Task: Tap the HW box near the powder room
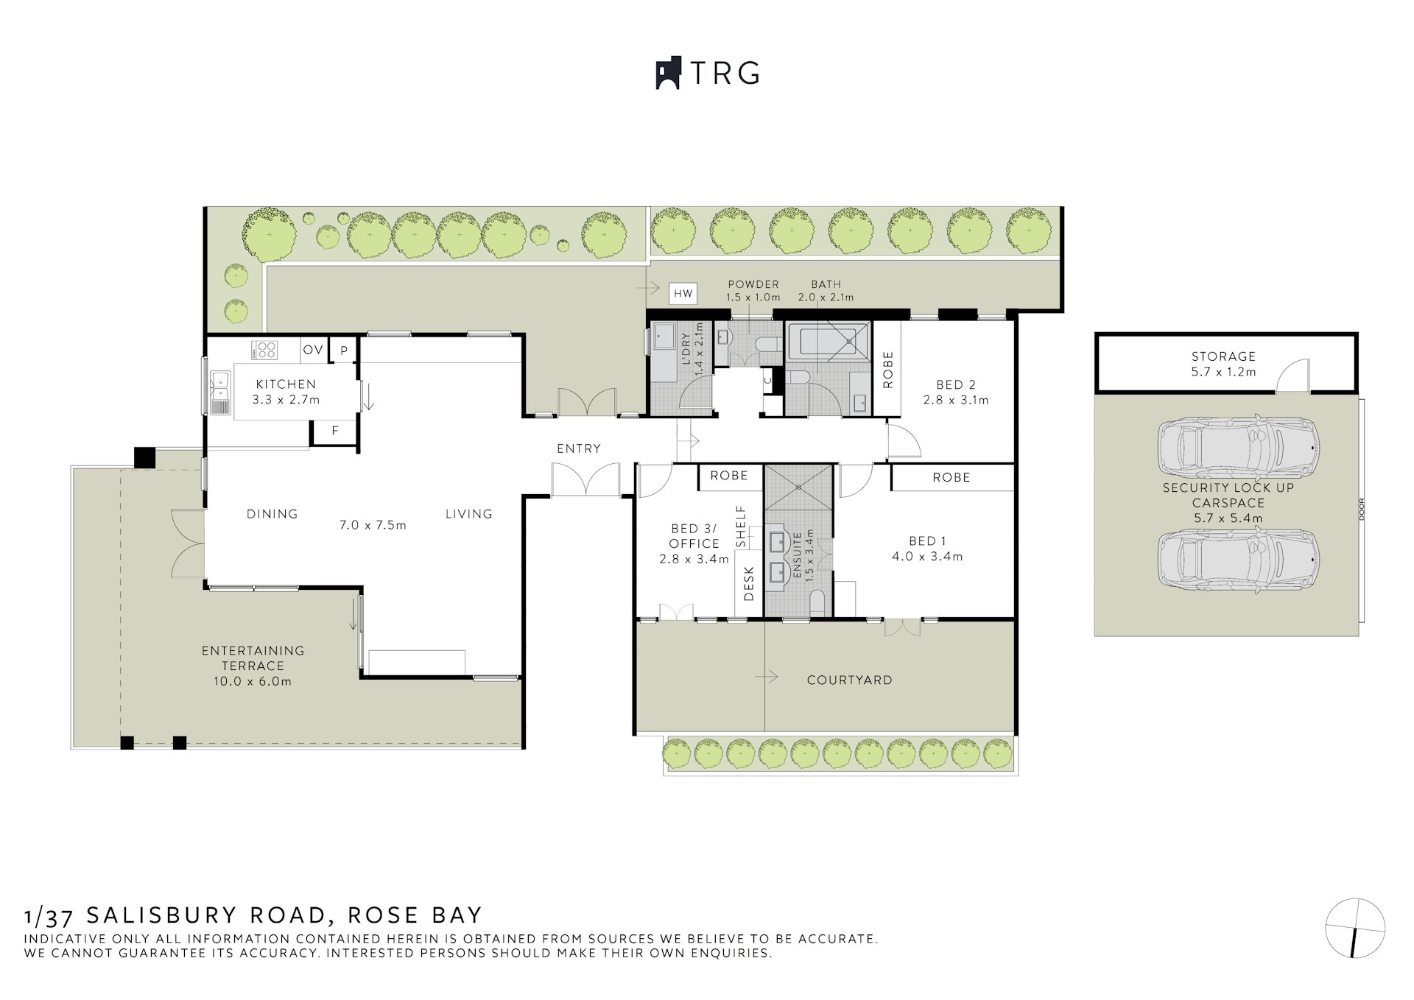683,294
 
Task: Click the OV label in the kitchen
313,349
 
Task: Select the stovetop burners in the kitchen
264,350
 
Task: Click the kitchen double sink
219,390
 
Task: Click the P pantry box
343,351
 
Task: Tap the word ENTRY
578,448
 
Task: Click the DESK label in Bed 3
749,583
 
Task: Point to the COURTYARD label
849,680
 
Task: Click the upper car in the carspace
1237,448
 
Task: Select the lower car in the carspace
1237,559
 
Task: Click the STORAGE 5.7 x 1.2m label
1223,364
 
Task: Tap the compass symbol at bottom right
1355,928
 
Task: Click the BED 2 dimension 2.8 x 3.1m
955,400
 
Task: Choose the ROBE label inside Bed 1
951,477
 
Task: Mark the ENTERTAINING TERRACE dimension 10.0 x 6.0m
253,681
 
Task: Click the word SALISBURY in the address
206,915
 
